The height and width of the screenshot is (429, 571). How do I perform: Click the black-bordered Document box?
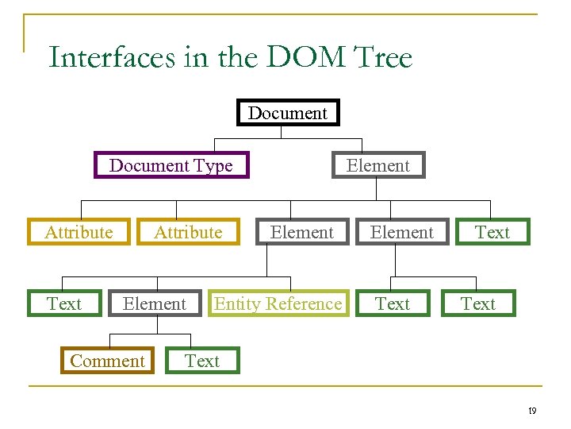pos(288,113)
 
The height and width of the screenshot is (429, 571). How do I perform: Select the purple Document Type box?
pos(171,165)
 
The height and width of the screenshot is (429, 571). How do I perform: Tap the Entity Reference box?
pos(278,303)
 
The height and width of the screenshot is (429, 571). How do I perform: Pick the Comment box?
pos(107,361)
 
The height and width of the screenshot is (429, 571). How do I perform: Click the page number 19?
pos(532,411)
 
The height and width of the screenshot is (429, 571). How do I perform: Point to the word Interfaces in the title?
pos(110,58)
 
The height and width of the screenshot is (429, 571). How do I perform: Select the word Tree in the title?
pos(384,58)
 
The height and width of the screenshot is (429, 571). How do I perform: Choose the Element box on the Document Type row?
pos(378,165)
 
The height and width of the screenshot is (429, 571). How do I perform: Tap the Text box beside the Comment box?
pos(202,361)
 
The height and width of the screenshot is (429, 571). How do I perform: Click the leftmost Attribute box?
pos(79,232)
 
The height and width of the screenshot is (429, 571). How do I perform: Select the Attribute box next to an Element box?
pos(188,232)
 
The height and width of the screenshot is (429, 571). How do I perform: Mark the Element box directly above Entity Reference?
pos(302,232)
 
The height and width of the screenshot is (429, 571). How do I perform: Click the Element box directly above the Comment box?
pos(155,303)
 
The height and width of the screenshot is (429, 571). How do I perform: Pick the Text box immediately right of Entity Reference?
pos(393,303)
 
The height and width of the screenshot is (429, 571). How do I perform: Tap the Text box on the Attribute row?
pos(492,232)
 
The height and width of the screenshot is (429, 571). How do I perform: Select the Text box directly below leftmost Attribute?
pos(64,303)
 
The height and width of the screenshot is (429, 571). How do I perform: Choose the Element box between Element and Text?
pos(402,232)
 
